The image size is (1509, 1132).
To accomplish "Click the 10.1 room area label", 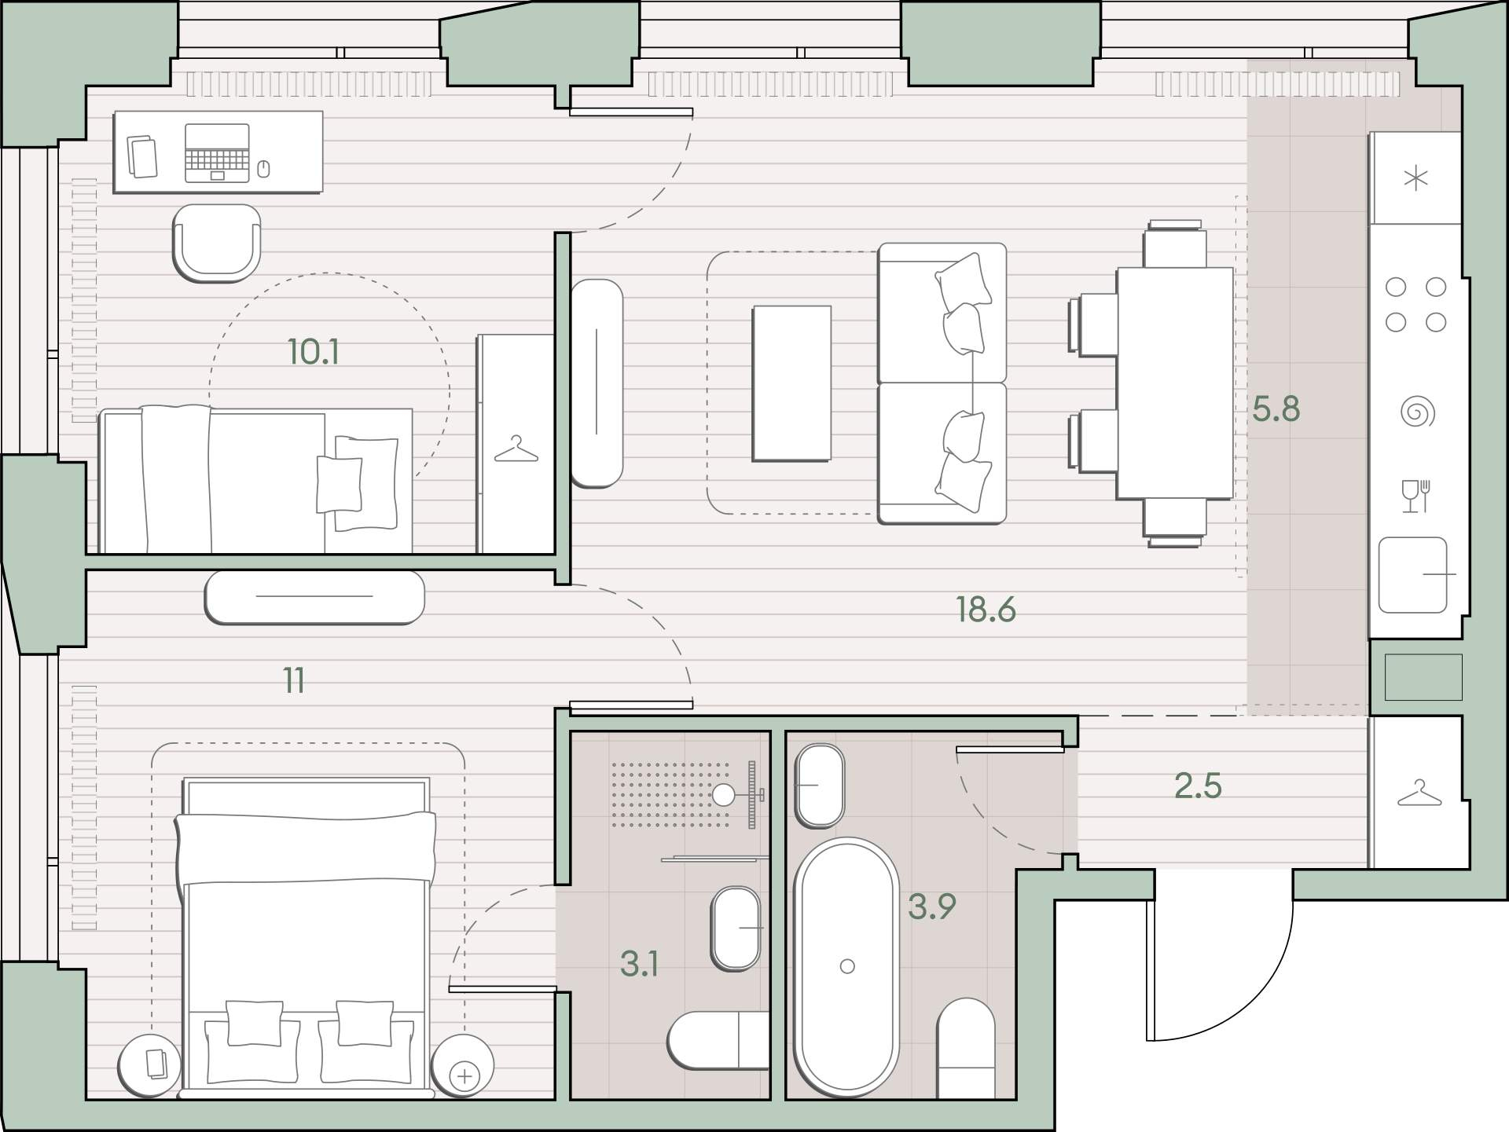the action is click(314, 352).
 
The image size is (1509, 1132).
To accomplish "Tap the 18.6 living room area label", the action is click(986, 610).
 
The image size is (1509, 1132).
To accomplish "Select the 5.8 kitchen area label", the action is click(1276, 409).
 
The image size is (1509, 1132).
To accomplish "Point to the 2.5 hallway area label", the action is click(1198, 786).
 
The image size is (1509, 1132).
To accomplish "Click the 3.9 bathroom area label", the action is click(932, 907).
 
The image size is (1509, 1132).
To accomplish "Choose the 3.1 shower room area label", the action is click(640, 964).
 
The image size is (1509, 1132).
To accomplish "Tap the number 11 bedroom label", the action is click(294, 680).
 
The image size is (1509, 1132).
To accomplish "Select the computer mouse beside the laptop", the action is click(263, 167).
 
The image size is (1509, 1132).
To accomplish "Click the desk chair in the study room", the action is click(216, 243).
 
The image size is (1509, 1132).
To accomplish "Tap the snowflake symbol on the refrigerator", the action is click(1415, 178).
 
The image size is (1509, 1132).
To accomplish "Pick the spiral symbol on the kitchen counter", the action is click(1417, 412).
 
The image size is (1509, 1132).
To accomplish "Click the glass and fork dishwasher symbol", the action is click(1416, 496).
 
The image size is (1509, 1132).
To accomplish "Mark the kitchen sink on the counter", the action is click(1413, 575).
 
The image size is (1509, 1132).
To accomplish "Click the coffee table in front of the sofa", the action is click(791, 383).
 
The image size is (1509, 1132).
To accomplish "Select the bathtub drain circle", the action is click(847, 966).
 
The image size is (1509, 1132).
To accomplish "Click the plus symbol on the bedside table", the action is click(465, 1075).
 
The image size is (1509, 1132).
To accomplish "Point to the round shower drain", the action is click(724, 795).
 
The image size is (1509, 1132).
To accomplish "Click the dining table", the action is click(1175, 383).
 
